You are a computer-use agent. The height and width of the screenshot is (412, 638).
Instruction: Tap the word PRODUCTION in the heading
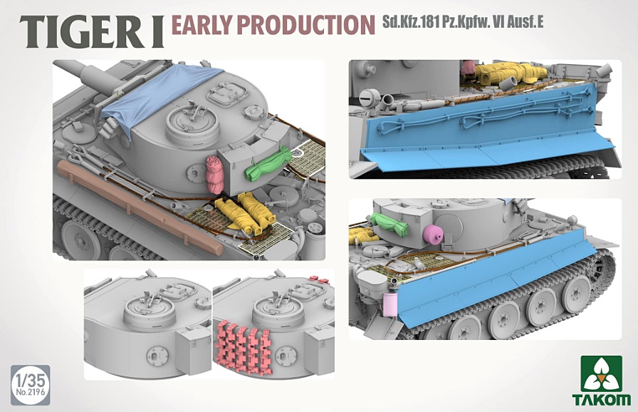(305, 24)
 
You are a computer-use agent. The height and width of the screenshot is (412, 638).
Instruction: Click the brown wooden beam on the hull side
(138, 205)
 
